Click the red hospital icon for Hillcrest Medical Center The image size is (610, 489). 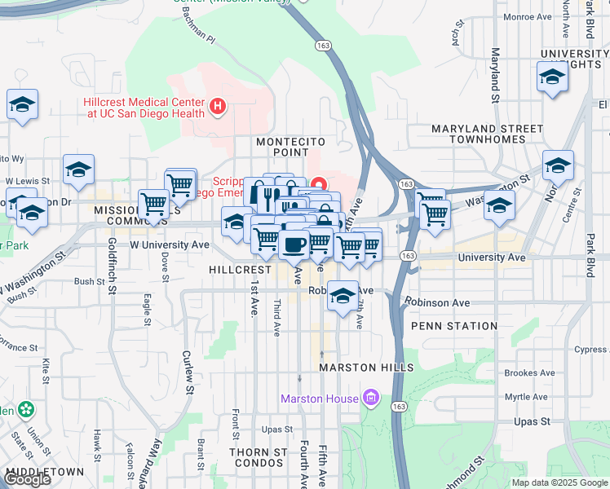click(218, 106)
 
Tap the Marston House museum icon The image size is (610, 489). click(371, 398)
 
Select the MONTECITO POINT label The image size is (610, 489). click(291, 142)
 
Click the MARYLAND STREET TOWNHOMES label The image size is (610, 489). click(487, 134)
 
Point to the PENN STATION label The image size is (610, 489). click(454, 326)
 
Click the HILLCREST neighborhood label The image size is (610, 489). click(240, 269)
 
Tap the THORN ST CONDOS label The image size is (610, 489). click(258, 457)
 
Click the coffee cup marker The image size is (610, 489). click(294, 243)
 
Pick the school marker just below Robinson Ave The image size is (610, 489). click(343, 294)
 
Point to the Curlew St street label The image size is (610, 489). click(188, 371)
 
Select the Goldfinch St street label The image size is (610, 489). click(112, 268)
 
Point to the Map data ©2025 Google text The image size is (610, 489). click(559, 482)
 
